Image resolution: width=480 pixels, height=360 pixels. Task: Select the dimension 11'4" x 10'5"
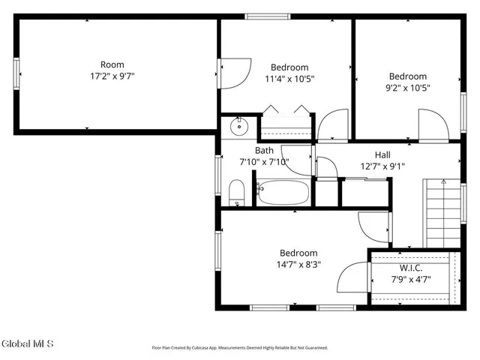coord(289,78)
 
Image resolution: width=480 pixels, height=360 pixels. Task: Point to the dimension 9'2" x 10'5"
coord(407,88)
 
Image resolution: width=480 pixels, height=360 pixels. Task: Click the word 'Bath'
coord(265,150)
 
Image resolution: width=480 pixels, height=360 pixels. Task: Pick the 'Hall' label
coord(382,154)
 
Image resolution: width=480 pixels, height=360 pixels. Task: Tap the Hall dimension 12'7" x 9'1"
coord(382,166)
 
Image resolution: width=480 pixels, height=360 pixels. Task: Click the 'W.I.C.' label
coord(410,268)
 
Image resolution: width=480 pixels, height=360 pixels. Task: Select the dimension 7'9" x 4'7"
coord(410,280)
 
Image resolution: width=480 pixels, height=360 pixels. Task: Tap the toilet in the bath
coord(235,193)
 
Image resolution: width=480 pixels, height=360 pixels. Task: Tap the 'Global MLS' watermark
coord(28,344)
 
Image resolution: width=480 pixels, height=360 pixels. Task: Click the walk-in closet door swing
coord(352,279)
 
